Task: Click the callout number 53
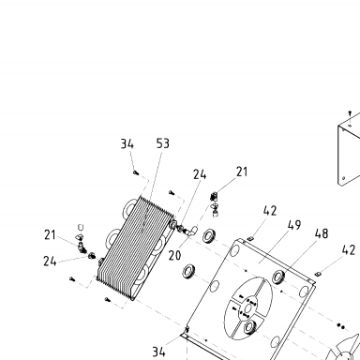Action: coord(163,143)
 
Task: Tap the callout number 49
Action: coord(294,225)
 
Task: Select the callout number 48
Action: coord(322,233)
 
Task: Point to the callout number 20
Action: coord(174,255)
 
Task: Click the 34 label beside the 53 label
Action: coord(127,144)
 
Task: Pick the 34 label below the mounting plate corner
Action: coord(158,352)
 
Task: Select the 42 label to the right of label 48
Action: coord(349,250)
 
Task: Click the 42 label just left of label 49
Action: coord(270,211)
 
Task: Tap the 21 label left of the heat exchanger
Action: coord(50,235)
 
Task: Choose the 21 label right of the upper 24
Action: coord(242,172)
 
